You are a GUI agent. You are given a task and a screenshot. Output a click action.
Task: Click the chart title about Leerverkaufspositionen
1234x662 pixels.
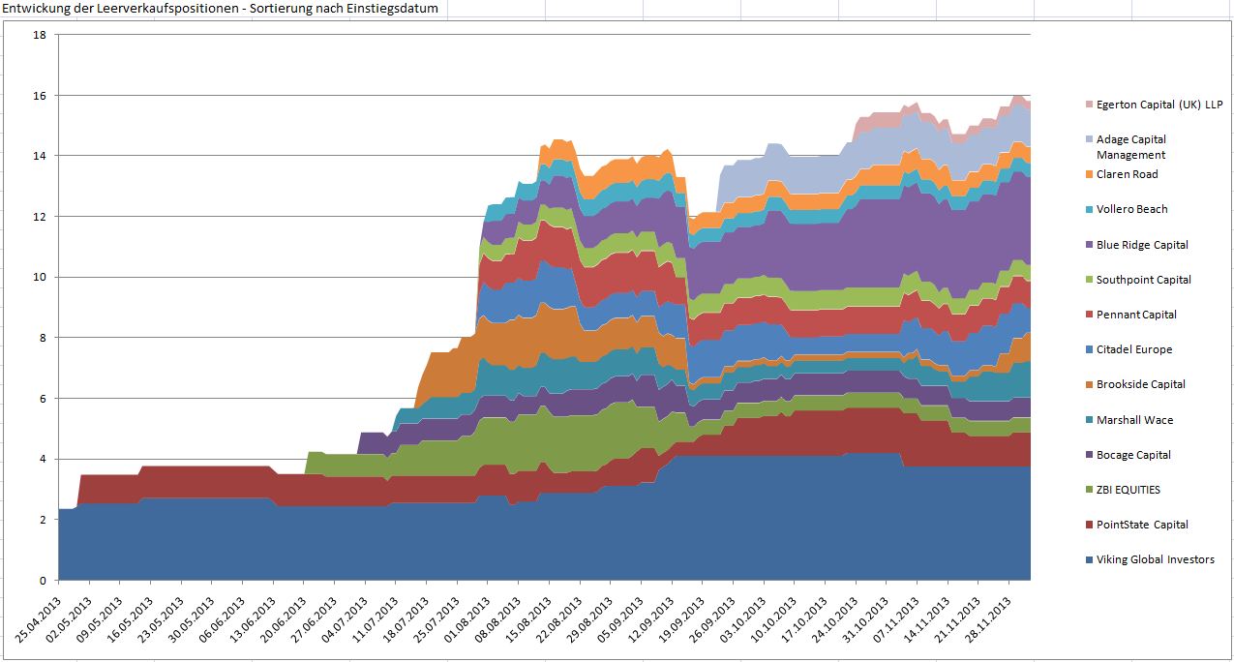(x=222, y=9)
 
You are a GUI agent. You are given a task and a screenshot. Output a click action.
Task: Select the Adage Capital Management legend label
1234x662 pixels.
(x=1131, y=147)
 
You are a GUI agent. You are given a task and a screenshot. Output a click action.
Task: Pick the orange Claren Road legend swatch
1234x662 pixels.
(x=1089, y=174)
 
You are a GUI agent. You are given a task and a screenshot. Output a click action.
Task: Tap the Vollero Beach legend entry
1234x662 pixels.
(x=1131, y=209)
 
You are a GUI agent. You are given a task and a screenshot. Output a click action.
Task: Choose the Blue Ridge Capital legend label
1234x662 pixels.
(x=1142, y=245)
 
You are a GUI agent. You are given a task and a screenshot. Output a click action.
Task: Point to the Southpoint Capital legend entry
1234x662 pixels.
(x=1143, y=280)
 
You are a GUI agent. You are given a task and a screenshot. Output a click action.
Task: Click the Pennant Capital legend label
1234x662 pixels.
(x=1136, y=315)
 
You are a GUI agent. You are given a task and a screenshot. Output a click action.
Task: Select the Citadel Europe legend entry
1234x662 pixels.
(x=1133, y=349)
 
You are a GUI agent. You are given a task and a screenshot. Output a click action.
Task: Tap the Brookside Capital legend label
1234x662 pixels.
(x=1141, y=384)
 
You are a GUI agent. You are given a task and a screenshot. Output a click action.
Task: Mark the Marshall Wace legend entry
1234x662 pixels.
(x=1134, y=420)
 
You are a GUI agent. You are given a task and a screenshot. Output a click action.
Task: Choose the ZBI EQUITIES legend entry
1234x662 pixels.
(x=1128, y=490)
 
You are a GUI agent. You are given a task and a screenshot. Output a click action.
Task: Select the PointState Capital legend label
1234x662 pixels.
(x=1142, y=525)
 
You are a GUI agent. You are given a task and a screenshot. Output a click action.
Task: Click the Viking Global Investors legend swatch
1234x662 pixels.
(x=1089, y=559)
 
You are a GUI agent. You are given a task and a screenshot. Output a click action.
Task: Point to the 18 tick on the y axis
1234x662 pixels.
(x=40, y=35)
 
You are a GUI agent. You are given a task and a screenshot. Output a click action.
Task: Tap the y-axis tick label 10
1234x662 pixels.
(x=40, y=277)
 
